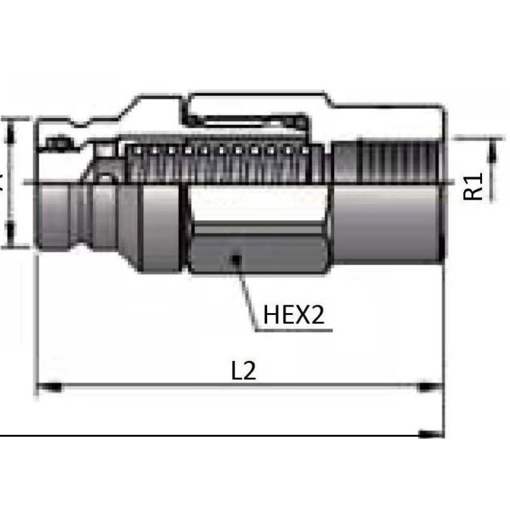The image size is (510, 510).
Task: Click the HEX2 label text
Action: (294, 315)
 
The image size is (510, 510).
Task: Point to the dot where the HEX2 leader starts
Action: (237, 258)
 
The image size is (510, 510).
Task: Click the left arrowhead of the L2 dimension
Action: (48, 386)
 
